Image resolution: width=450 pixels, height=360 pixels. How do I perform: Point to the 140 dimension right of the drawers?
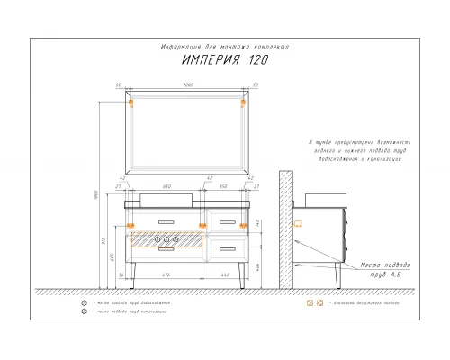(257, 222)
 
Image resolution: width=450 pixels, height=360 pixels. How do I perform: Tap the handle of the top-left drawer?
(167, 220)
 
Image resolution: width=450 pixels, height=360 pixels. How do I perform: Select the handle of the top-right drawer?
(224, 220)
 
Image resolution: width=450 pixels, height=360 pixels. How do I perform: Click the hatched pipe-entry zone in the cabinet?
(167, 239)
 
